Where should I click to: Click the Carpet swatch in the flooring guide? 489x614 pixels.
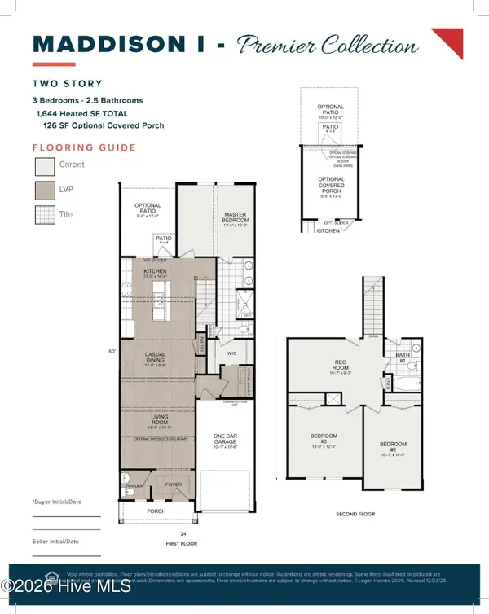point(43,167)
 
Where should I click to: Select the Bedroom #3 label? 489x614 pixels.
point(324,439)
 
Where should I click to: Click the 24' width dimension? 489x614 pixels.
point(160,533)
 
